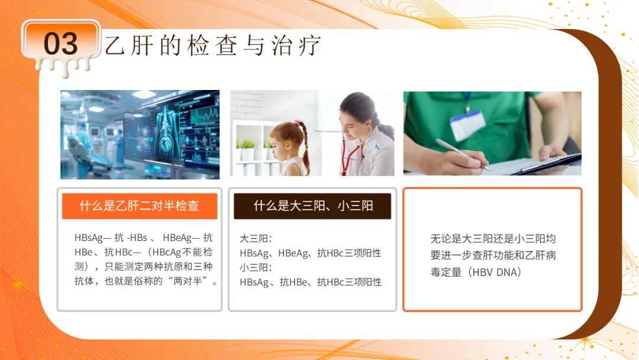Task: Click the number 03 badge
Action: tap(60, 44)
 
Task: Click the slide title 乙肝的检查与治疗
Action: tap(213, 45)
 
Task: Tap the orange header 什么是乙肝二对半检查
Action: tap(140, 206)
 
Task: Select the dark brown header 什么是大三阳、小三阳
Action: tap(312, 206)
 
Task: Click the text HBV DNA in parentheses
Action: tap(495, 272)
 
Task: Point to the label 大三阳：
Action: tap(256, 239)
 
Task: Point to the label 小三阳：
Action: tap(256, 268)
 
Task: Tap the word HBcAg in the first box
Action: tap(166, 252)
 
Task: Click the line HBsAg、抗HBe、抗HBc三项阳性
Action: tap(311, 282)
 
